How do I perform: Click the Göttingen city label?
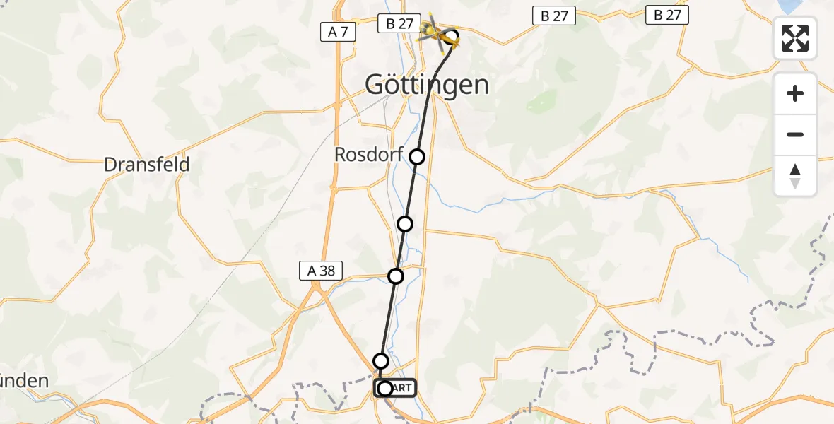point(427,86)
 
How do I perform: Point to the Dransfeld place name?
point(147,165)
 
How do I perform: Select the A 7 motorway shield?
point(339,32)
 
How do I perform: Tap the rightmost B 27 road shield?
point(667,15)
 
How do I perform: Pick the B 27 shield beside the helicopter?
point(399,23)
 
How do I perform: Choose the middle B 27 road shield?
point(554,16)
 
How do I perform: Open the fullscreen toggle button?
point(795,37)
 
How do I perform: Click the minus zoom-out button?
point(795,134)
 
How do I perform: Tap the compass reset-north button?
point(795,176)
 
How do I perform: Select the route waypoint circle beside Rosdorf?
point(418,157)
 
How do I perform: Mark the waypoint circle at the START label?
point(385,388)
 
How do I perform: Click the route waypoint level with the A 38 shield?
point(396,276)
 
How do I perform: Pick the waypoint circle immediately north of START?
point(381,361)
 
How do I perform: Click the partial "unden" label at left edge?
point(24,382)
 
